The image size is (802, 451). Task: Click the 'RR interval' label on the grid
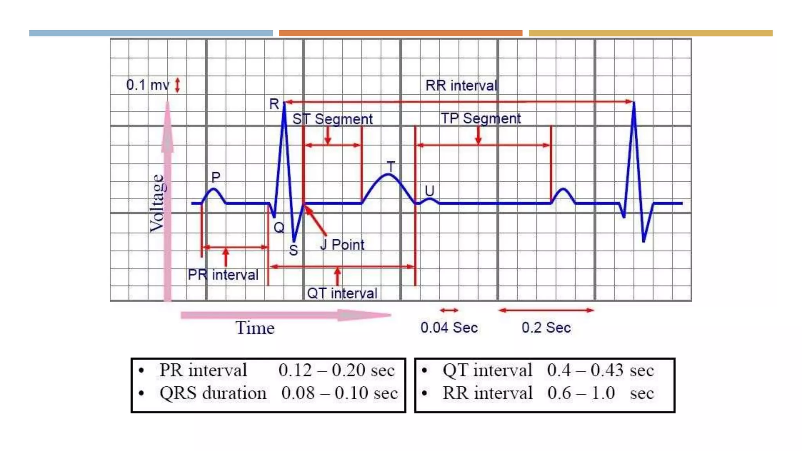click(461, 85)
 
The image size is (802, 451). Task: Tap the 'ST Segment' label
click(332, 119)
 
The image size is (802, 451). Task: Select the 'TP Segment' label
click(480, 118)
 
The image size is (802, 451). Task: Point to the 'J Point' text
click(342, 245)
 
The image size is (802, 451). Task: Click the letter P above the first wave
click(216, 177)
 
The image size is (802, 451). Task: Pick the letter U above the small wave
click(430, 191)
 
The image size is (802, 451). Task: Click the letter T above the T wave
click(391, 167)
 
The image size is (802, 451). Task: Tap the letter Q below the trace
click(279, 227)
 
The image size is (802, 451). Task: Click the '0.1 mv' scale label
click(148, 85)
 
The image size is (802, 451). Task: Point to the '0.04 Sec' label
click(449, 328)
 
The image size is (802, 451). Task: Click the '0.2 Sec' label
click(546, 328)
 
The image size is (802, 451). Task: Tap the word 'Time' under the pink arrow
click(255, 328)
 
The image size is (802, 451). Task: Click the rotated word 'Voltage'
click(157, 203)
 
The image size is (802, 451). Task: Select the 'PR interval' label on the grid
click(223, 275)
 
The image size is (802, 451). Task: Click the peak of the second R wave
click(634, 103)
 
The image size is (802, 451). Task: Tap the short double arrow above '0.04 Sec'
click(449, 310)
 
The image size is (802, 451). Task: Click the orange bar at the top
click(400, 33)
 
